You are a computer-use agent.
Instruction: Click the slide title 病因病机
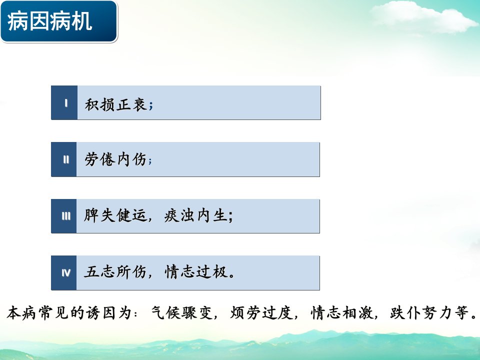coord(49,21)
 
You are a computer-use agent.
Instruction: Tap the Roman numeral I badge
coord(64,102)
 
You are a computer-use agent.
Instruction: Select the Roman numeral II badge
coord(63,159)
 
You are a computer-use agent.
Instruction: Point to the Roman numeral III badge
coord(63,216)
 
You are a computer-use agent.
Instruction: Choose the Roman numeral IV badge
coord(63,273)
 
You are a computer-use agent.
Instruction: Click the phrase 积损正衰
coord(115,104)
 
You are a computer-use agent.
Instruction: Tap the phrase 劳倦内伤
coord(115,159)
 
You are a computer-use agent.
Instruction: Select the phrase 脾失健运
coord(115,215)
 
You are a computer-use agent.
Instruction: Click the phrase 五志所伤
coord(115,271)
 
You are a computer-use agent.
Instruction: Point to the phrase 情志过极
coord(196,271)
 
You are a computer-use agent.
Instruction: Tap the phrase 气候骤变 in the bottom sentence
coord(182,313)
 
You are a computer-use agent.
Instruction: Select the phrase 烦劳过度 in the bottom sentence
coord(261,313)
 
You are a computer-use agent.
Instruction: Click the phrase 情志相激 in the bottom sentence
coord(342,313)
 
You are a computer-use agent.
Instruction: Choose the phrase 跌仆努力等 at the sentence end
coord(429,313)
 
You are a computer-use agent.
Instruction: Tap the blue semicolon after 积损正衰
coord(150,106)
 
